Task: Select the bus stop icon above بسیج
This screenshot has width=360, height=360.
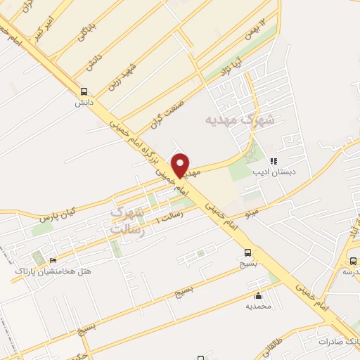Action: pyautogui.click(x=247, y=253)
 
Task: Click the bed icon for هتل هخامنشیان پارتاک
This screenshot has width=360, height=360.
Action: pyautogui.click(x=54, y=260)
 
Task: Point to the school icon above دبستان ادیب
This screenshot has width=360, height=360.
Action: pyautogui.click(x=274, y=161)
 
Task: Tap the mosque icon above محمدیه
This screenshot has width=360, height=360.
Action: pyautogui.click(x=259, y=296)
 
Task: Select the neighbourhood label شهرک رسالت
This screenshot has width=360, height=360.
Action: pyautogui.click(x=127, y=220)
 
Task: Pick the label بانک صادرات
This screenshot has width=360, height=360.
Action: pyautogui.click(x=342, y=341)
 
